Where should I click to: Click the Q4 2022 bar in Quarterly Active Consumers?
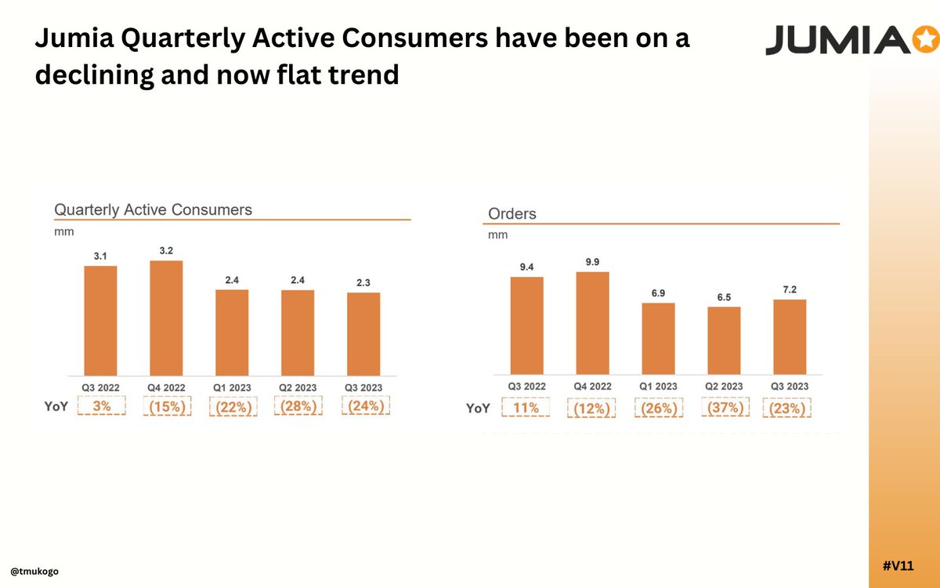[x=166, y=318]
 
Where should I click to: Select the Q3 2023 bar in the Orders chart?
[x=789, y=336]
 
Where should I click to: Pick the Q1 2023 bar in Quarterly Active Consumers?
[x=232, y=332]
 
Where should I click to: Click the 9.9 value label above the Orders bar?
[x=592, y=262]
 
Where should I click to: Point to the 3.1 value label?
[x=100, y=256]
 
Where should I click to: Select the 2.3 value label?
[x=363, y=283]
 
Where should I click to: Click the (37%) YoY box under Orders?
[x=724, y=408]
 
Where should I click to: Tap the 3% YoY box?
[x=101, y=407]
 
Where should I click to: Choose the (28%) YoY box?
[x=298, y=407]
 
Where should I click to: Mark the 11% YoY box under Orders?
[x=526, y=408]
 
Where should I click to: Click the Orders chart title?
[x=512, y=213]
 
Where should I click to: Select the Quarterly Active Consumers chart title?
[x=153, y=209]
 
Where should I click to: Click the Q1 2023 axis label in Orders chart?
[x=657, y=387]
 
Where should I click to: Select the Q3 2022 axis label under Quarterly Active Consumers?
[x=101, y=387]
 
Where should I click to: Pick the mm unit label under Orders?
[x=497, y=234]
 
